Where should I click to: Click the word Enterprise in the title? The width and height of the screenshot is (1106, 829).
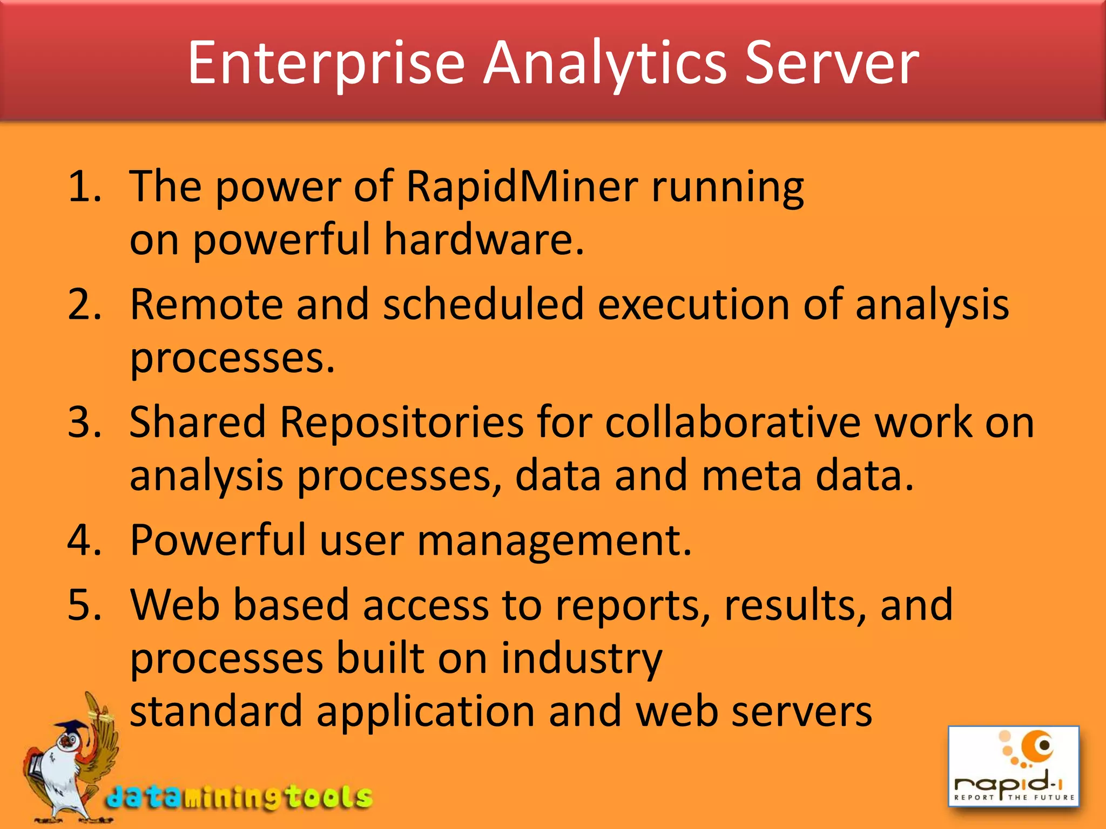coord(326,64)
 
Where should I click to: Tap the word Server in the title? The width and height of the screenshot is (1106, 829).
coord(832,64)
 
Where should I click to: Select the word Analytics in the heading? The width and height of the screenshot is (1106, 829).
coord(604,64)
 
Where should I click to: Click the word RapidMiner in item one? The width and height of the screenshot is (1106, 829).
coord(522,187)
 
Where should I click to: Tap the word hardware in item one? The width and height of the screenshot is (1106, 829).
coord(484,240)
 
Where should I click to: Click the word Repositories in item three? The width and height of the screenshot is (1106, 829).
coord(401,422)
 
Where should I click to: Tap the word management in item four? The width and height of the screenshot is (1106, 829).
coord(554,540)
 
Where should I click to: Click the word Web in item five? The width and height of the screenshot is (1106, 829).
coord(174,605)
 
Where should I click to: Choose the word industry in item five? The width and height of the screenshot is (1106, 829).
coord(581,659)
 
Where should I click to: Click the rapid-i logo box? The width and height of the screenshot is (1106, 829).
coord(1014,766)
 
